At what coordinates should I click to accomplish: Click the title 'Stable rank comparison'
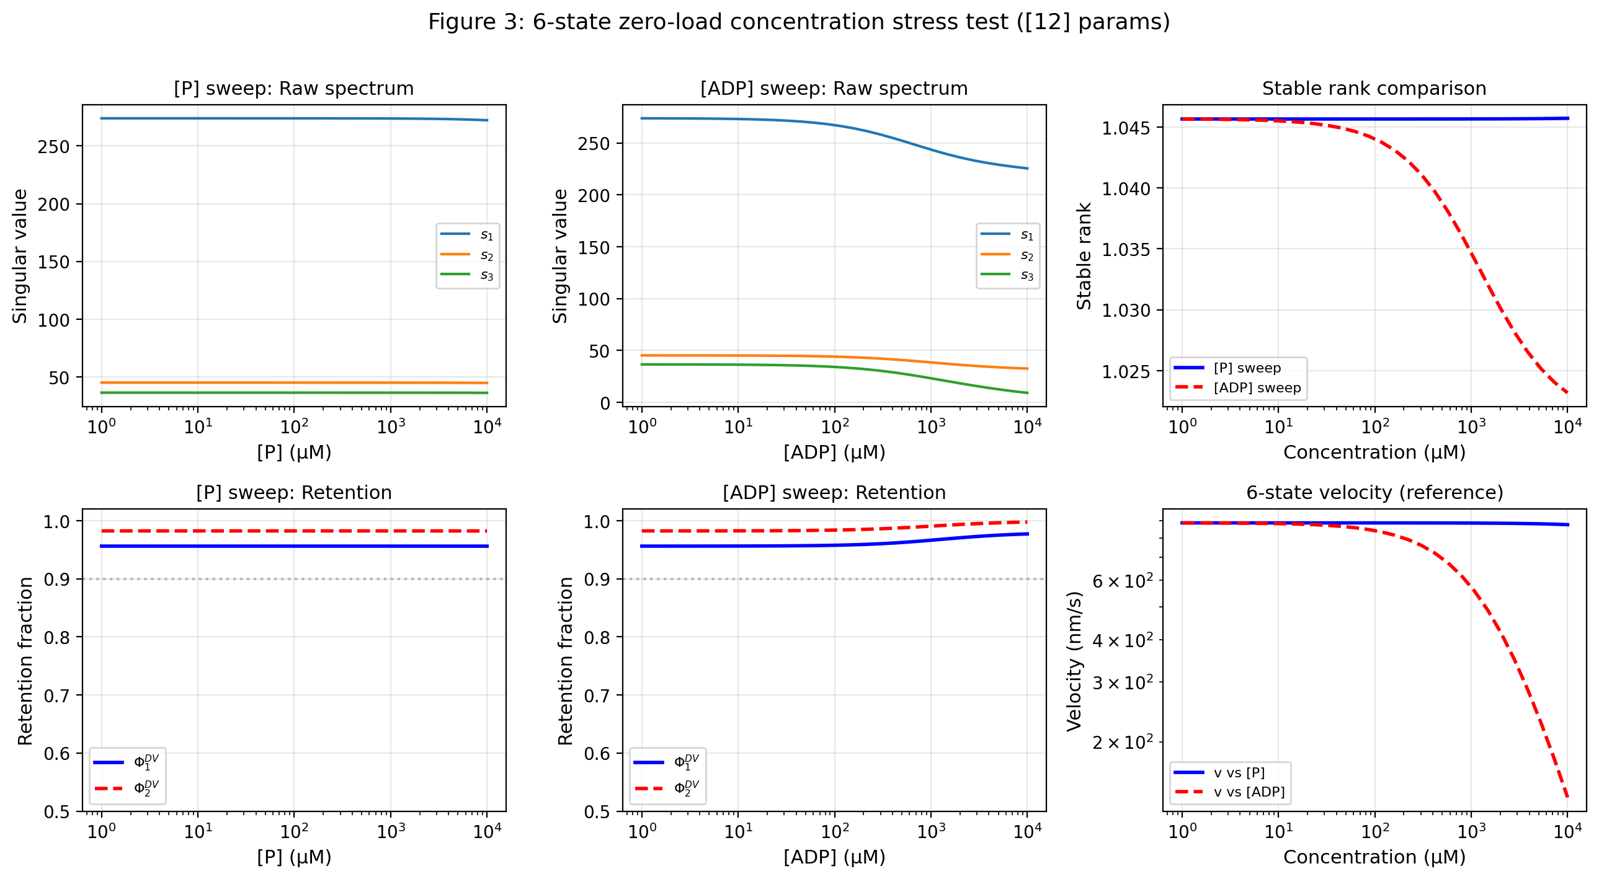[x=1374, y=89]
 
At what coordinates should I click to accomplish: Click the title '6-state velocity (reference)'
[x=1374, y=493]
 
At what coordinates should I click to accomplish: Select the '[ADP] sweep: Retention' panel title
[x=834, y=493]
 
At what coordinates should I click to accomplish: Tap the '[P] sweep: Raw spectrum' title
[x=293, y=89]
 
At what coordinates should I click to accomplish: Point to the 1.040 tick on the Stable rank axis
[x=1125, y=188]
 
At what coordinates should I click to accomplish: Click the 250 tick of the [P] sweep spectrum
[x=53, y=147]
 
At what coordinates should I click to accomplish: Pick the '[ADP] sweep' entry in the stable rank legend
[x=1257, y=387]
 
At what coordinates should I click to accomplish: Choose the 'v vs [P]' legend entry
[x=1239, y=772]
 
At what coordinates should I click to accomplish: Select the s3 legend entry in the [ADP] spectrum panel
[x=1027, y=275]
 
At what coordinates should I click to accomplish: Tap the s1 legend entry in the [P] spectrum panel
[x=486, y=234]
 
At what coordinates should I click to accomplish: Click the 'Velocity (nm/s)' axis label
[x=1074, y=661]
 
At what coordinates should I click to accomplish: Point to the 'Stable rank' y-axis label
[x=1084, y=256]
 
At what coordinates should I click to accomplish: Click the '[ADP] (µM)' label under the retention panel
[x=834, y=857]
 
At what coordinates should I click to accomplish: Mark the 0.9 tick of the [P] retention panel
[x=56, y=580]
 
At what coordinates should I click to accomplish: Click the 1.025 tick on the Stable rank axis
[x=1125, y=371]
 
